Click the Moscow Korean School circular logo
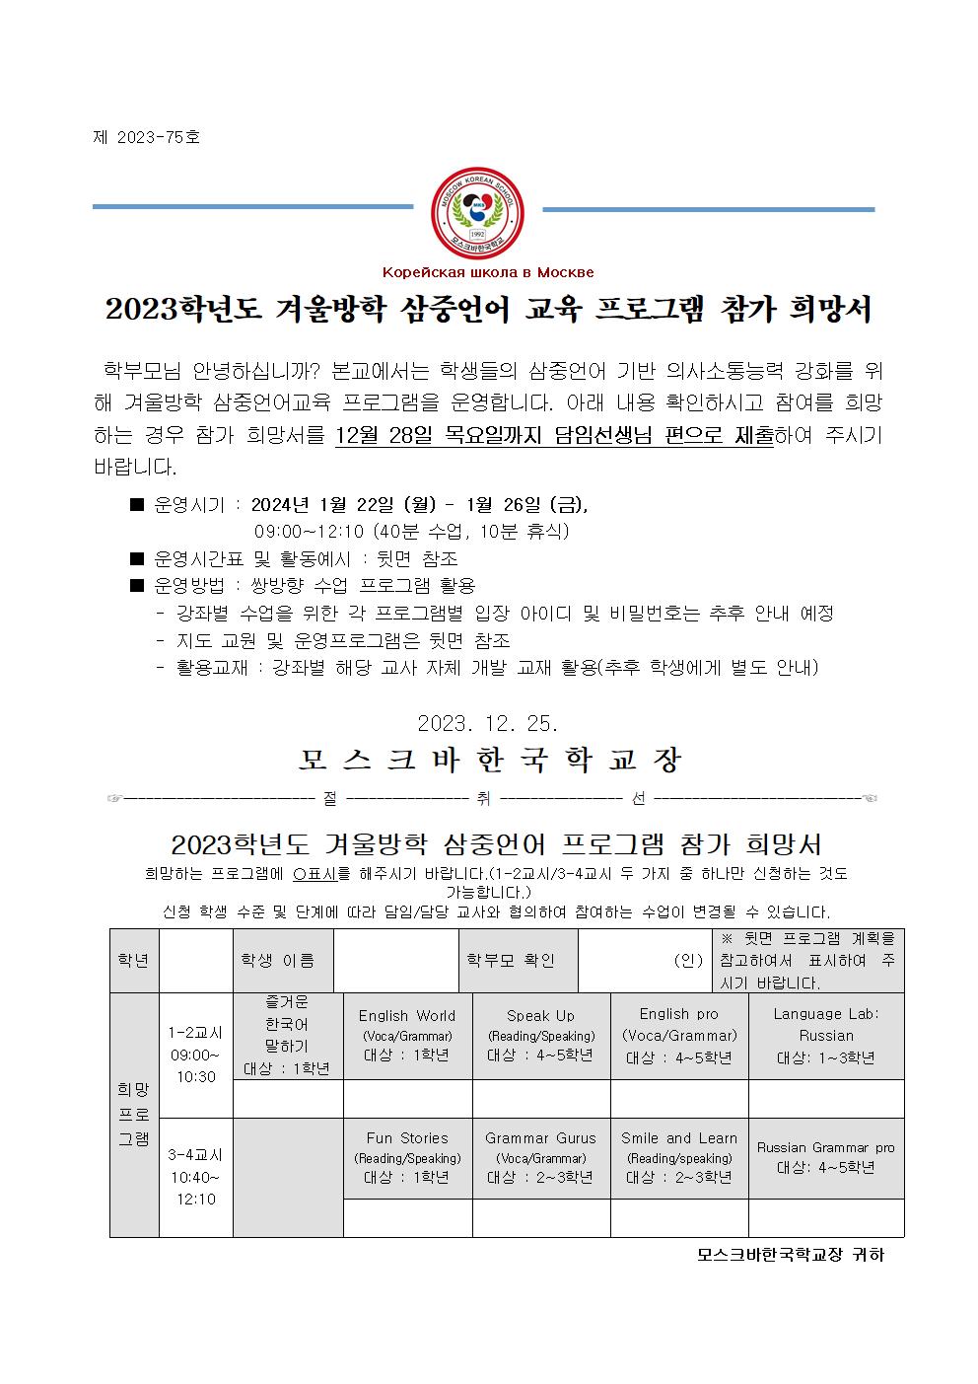click(478, 210)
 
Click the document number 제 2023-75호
click(146, 137)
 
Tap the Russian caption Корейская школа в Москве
click(488, 272)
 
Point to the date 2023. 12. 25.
click(488, 723)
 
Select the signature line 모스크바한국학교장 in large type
click(490, 761)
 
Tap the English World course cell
click(407, 1035)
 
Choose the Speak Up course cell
click(540, 1035)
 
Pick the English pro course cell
click(679, 1035)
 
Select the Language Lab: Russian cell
click(826, 1035)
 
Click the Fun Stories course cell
click(407, 1157)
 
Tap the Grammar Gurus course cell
click(540, 1157)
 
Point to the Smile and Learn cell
click(679, 1157)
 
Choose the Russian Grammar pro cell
click(826, 1157)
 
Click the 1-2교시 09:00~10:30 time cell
click(194, 1055)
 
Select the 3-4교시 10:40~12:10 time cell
click(194, 1177)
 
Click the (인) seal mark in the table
click(688, 960)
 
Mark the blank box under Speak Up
click(540, 1098)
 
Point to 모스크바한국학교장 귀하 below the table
click(791, 1255)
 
